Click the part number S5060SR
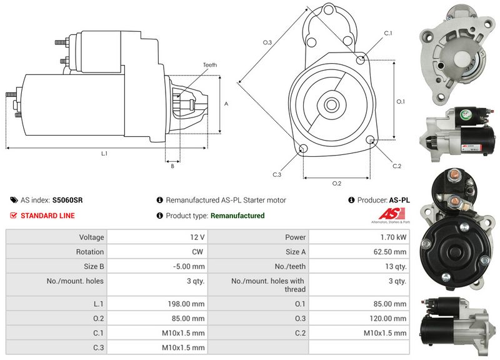click(67, 201)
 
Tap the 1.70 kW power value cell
click(394, 237)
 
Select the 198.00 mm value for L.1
click(189, 303)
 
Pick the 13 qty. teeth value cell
click(396, 267)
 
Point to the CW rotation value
click(198, 252)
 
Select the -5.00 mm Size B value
click(191, 267)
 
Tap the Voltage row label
click(91, 237)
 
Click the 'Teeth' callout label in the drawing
click(209, 65)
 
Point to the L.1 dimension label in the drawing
click(104, 153)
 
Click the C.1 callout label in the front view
click(387, 33)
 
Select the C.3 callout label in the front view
click(276, 174)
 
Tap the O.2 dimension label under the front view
click(336, 183)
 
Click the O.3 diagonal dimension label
click(267, 42)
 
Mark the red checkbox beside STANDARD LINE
click(13, 216)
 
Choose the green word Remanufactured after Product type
click(237, 216)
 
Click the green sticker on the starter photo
click(464, 114)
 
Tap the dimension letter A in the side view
click(226, 104)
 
